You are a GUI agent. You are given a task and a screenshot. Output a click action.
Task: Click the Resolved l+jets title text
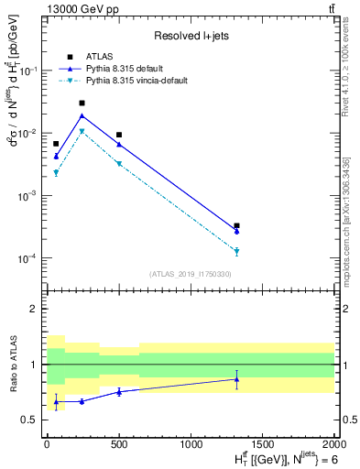[190, 36]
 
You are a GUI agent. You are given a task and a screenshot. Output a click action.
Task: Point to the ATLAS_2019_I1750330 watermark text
[190, 274]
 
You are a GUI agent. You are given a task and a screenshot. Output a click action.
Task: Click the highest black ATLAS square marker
[82, 104]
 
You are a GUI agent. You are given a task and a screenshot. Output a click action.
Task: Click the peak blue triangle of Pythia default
[82, 116]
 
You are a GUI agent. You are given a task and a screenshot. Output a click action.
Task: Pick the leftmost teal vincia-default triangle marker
[56, 172]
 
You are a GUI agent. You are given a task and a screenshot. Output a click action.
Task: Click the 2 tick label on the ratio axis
[35, 309]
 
